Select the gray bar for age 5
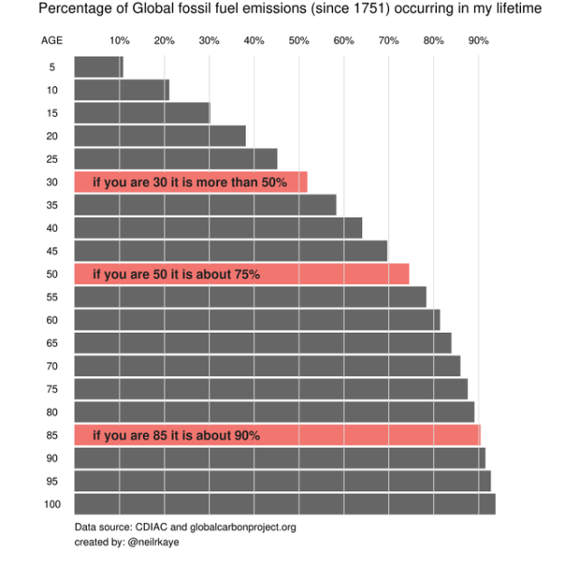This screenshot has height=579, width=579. click(x=98, y=67)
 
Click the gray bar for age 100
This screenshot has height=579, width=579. click(x=284, y=504)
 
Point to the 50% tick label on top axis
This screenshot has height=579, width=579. click(x=299, y=41)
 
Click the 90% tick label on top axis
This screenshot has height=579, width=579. click(x=478, y=41)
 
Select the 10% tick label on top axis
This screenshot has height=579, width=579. click(x=119, y=41)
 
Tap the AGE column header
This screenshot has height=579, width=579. click(x=52, y=41)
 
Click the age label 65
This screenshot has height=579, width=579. click(x=52, y=343)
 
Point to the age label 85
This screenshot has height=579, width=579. click(x=52, y=435)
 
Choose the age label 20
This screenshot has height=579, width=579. click(x=52, y=136)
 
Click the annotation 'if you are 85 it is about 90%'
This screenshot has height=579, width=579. click(x=176, y=435)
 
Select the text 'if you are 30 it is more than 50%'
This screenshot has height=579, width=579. click(x=190, y=182)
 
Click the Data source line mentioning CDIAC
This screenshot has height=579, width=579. click(x=185, y=527)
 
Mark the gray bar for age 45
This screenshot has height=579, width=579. click(x=230, y=251)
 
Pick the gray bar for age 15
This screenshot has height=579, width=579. click(x=141, y=113)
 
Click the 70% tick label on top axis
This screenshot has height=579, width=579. click(x=388, y=41)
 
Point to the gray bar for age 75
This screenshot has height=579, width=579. click(x=271, y=389)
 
